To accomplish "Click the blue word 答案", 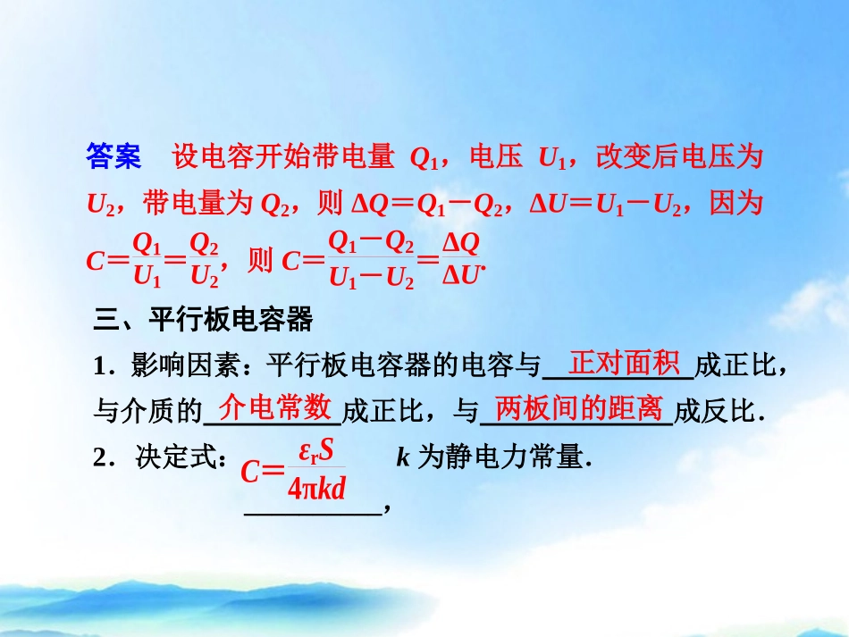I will click(113, 158).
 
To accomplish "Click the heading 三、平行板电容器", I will click(203, 318).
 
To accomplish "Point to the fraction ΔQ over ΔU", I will click(461, 259).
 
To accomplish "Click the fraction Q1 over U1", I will click(147, 259).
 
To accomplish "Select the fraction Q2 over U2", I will click(205, 259).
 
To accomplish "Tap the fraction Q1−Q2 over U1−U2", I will click(372, 259).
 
